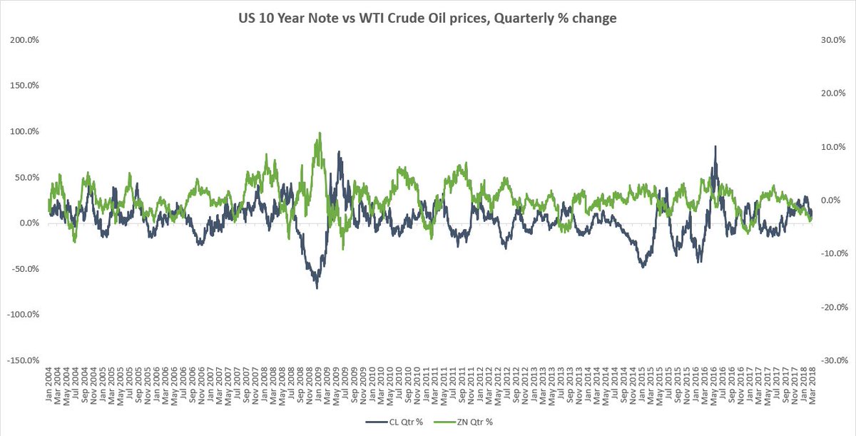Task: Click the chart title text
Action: (428, 19)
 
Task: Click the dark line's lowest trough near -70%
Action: (316, 288)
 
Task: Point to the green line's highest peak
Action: (319, 133)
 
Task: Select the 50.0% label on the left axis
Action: (25, 177)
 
